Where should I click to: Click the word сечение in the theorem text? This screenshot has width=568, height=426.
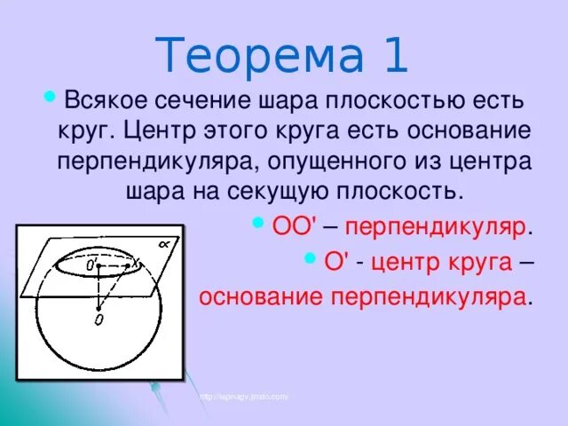point(219,104)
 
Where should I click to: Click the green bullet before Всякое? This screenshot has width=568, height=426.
point(49,96)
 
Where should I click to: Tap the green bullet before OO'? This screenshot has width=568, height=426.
point(259,221)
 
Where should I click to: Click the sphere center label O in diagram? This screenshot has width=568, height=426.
point(98,318)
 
